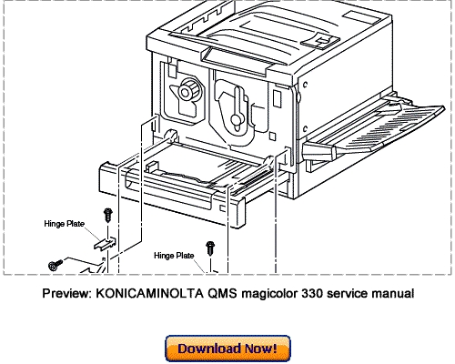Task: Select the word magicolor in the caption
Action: pos(247,293)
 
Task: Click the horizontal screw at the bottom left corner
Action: pos(54,265)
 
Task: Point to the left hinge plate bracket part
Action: pos(104,243)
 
